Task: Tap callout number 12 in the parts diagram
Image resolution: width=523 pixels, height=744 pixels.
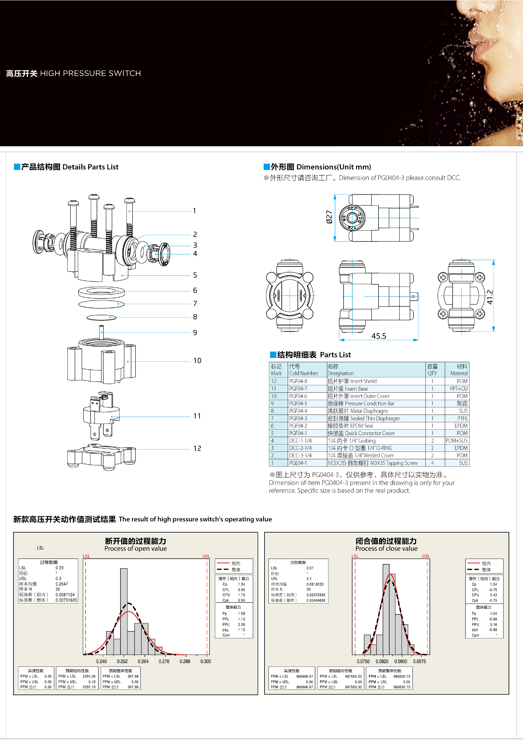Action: click(x=197, y=449)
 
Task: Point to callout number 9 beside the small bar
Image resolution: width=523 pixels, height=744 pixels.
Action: click(x=195, y=332)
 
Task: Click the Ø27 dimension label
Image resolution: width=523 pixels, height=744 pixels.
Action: click(x=329, y=217)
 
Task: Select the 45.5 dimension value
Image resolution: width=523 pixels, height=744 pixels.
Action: click(x=379, y=336)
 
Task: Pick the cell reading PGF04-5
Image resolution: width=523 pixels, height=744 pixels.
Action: click(x=298, y=403)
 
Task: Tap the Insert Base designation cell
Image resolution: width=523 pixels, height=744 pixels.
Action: click(x=348, y=388)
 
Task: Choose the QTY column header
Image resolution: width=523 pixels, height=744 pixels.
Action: click(x=432, y=370)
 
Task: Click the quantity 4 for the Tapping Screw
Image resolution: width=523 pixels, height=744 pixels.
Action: click(x=432, y=463)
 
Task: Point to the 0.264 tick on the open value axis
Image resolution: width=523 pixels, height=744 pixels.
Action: click(x=143, y=661)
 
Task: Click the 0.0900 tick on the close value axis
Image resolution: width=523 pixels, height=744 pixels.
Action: click(x=401, y=661)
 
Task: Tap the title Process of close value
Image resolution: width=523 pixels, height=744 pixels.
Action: click(x=386, y=549)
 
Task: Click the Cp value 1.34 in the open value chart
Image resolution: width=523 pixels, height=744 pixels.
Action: click(x=241, y=584)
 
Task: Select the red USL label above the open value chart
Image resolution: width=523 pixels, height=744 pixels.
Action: click(x=206, y=556)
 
